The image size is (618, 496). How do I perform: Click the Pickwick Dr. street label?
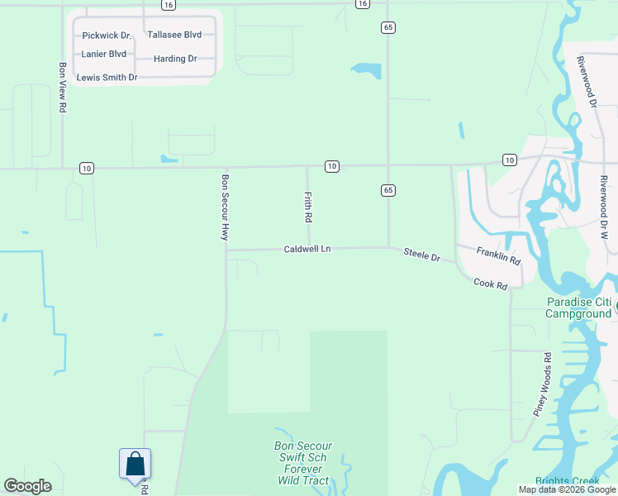click(107, 36)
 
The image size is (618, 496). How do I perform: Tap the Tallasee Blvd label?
click(174, 36)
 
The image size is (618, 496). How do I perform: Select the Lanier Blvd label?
click(104, 55)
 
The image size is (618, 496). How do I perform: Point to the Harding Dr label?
click(175, 60)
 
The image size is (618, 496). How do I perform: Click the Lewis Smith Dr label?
click(107, 78)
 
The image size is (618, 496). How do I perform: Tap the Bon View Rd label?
click(62, 88)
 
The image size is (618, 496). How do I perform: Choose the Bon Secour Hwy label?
click(224, 207)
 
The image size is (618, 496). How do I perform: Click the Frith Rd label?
click(307, 207)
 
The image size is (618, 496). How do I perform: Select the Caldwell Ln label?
click(307, 249)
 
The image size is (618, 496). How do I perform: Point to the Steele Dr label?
click(421, 255)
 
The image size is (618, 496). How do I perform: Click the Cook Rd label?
click(490, 284)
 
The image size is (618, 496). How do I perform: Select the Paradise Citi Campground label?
click(579, 308)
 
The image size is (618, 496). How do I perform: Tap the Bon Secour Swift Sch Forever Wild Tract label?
click(304, 463)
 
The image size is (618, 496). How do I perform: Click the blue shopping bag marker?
click(135, 465)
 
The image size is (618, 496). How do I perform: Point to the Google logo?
click(27, 486)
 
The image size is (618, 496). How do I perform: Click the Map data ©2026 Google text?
click(566, 489)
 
